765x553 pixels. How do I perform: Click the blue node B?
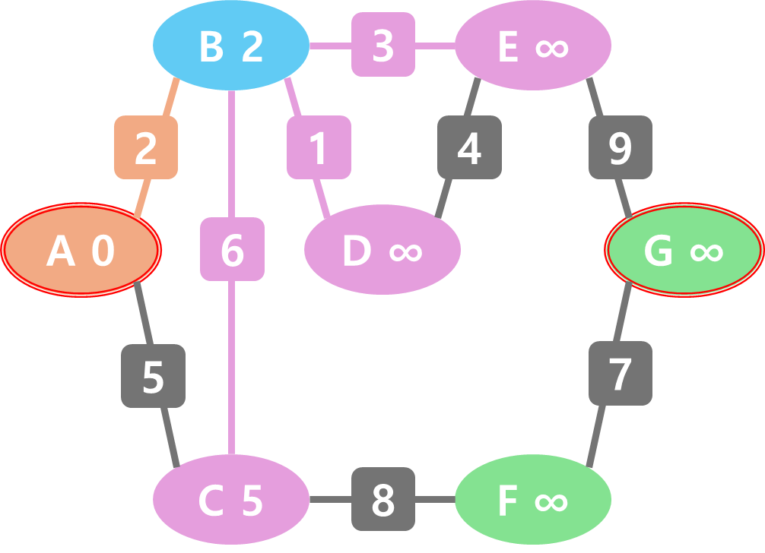click(x=231, y=46)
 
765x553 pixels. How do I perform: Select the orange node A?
click(x=81, y=249)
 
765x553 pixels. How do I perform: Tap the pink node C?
click(x=231, y=500)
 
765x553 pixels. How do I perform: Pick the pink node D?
click(x=382, y=249)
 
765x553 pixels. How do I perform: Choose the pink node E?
click(x=533, y=46)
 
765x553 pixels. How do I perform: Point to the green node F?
click(x=533, y=500)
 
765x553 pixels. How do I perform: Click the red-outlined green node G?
click(x=684, y=249)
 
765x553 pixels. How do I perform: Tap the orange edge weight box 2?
click(x=146, y=147)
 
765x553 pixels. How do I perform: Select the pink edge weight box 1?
click(x=319, y=147)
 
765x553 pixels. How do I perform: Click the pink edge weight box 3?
click(x=383, y=45)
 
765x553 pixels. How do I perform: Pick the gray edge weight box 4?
click(x=469, y=147)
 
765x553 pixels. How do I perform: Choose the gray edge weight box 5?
click(x=153, y=376)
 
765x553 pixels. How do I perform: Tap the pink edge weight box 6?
click(x=232, y=249)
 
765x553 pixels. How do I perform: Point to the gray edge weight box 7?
click(x=621, y=373)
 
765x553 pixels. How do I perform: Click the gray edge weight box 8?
click(x=383, y=499)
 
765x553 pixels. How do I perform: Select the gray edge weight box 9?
click(x=621, y=147)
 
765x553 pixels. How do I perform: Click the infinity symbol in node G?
click(x=706, y=251)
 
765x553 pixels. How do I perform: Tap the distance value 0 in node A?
click(x=103, y=251)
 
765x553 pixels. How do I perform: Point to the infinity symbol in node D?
click(x=405, y=251)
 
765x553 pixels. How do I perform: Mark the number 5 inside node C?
click(x=252, y=501)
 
